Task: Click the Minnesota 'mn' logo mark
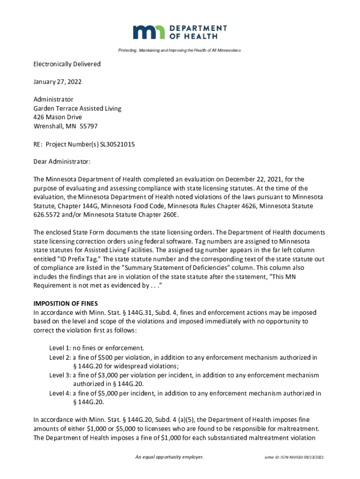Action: tap(149, 32)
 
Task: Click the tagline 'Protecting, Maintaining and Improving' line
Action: tap(180, 50)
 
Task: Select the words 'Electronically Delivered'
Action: tap(67, 64)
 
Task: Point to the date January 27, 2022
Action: tap(58, 82)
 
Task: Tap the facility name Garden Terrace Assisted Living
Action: tap(77, 109)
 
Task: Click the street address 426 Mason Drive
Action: tap(58, 117)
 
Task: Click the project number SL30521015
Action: tap(117, 145)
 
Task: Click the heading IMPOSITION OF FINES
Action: tap(65, 304)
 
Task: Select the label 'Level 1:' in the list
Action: tap(60, 348)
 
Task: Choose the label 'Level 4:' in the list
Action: tap(60, 393)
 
